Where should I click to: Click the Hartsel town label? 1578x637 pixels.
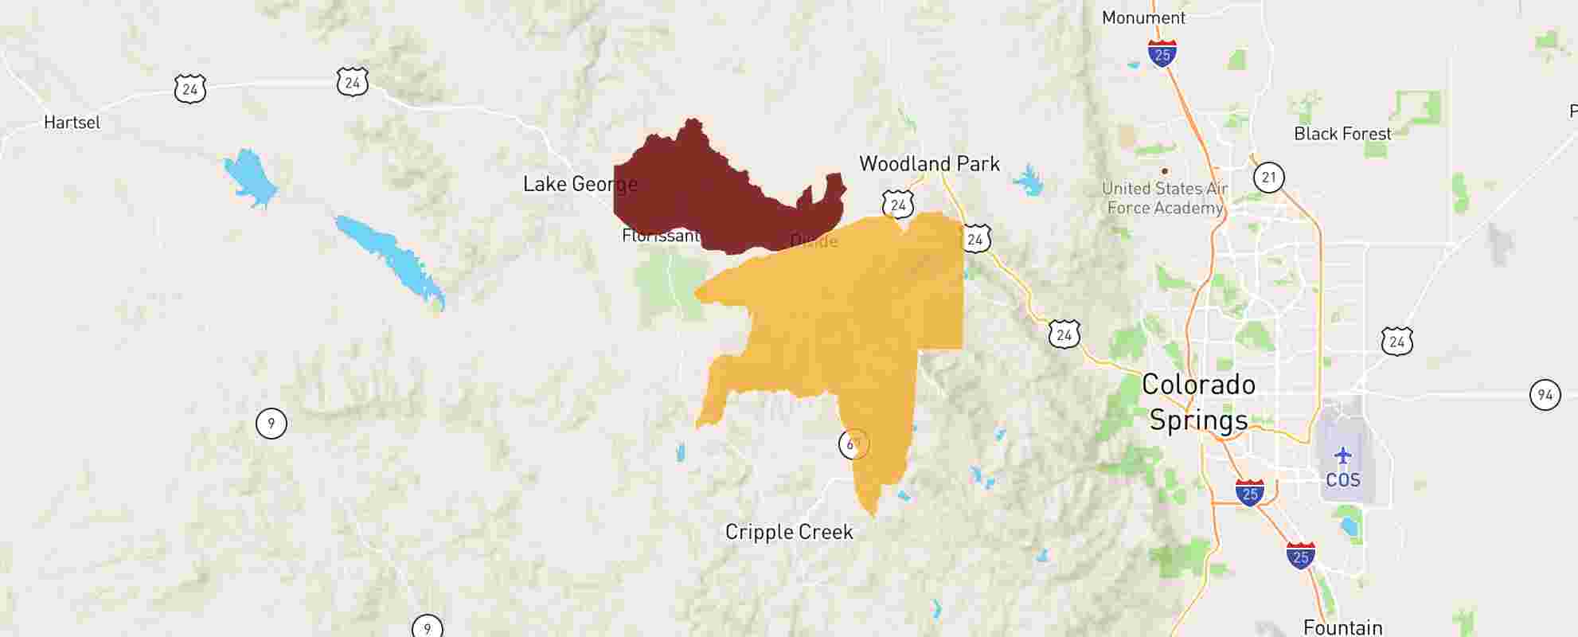[72, 123]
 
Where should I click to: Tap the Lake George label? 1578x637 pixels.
[580, 184]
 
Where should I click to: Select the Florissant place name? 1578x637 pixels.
[660, 236]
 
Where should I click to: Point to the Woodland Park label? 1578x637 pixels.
[929, 164]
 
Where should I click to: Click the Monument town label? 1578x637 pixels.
[1143, 18]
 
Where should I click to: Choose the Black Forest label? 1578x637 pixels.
[1342, 134]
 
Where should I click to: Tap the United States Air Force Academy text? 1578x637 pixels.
[1165, 198]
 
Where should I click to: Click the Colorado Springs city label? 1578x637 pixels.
[1198, 402]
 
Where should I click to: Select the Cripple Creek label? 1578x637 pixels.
[789, 532]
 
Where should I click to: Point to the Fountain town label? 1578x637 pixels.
[1342, 627]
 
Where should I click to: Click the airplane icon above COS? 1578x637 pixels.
[1343, 456]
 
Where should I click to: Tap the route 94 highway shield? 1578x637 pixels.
[1545, 395]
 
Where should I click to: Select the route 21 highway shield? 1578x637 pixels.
[1268, 177]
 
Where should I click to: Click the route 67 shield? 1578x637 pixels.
[853, 444]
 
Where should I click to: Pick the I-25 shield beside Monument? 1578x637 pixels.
[1162, 53]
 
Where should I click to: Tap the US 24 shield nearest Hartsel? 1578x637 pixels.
[189, 89]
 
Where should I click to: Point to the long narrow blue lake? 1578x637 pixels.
[390, 259]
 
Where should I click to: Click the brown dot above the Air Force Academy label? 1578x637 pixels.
[1165, 170]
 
